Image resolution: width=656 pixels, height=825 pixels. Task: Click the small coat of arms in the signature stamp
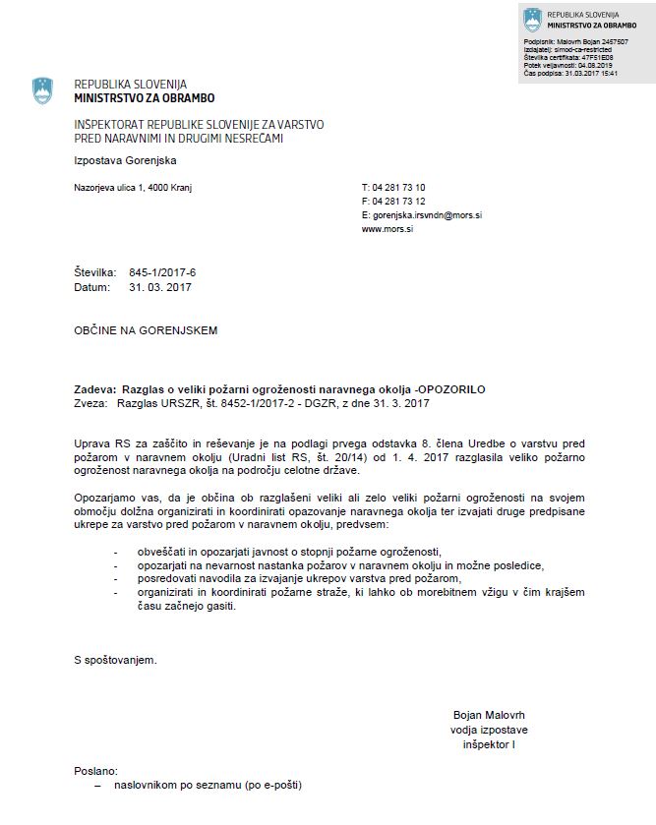tap(532, 19)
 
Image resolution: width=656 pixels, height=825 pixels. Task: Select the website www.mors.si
tap(386, 228)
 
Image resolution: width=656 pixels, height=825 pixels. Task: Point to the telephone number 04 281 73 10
tap(398, 187)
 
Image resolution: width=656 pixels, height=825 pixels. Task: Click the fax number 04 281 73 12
tap(398, 201)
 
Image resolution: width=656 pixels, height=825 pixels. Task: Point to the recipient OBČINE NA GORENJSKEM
tap(146, 330)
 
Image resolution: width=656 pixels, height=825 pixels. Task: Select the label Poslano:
tap(96, 770)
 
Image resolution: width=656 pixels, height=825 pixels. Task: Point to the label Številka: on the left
tap(95, 271)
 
